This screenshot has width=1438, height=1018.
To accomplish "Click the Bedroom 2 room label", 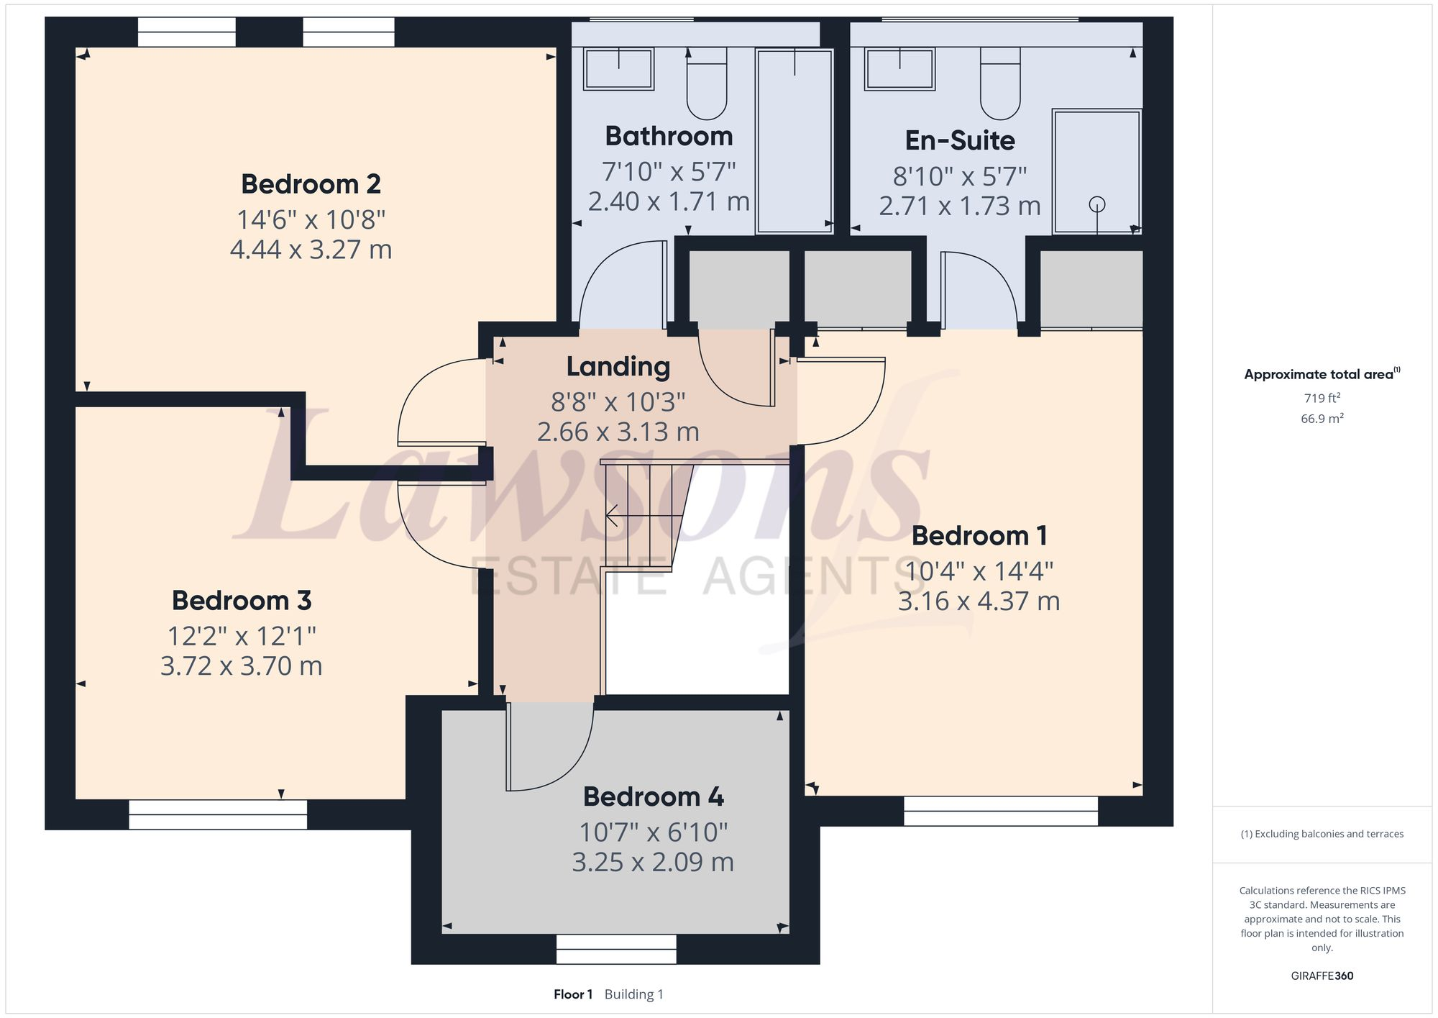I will (x=311, y=184).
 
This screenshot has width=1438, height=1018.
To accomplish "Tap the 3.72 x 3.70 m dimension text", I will (x=241, y=666).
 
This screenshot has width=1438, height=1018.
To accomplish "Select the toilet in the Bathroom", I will (x=707, y=85).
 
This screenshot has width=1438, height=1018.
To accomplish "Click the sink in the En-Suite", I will (x=899, y=69).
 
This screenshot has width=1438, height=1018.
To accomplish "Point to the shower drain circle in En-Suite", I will (x=1096, y=204).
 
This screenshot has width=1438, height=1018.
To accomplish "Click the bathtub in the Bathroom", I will (x=794, y=141).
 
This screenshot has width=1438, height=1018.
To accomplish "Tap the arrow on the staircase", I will (x=613, y=515).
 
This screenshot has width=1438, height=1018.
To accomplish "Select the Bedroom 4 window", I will (x=616, y=949).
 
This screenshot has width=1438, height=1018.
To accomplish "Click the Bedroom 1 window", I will (x=1000, y=811).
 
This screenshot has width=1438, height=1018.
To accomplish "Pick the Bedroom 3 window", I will (x=218, y=814).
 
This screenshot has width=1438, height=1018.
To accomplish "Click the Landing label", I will (x=618, y=367).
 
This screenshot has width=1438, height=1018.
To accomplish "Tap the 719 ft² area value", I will (x=1322, y=398).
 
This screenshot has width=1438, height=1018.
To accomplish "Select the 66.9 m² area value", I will (x=1322, y=418).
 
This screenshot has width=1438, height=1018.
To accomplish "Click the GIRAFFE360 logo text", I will (x=1322, y=976).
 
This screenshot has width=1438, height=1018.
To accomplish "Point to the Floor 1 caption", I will (x=573, y=994).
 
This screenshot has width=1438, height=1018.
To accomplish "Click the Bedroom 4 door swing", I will (x=550, y=748).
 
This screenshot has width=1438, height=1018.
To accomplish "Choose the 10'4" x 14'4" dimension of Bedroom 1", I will (x=979, y=571).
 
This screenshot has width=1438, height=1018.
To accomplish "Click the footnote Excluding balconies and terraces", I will (x=1322, y=834).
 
